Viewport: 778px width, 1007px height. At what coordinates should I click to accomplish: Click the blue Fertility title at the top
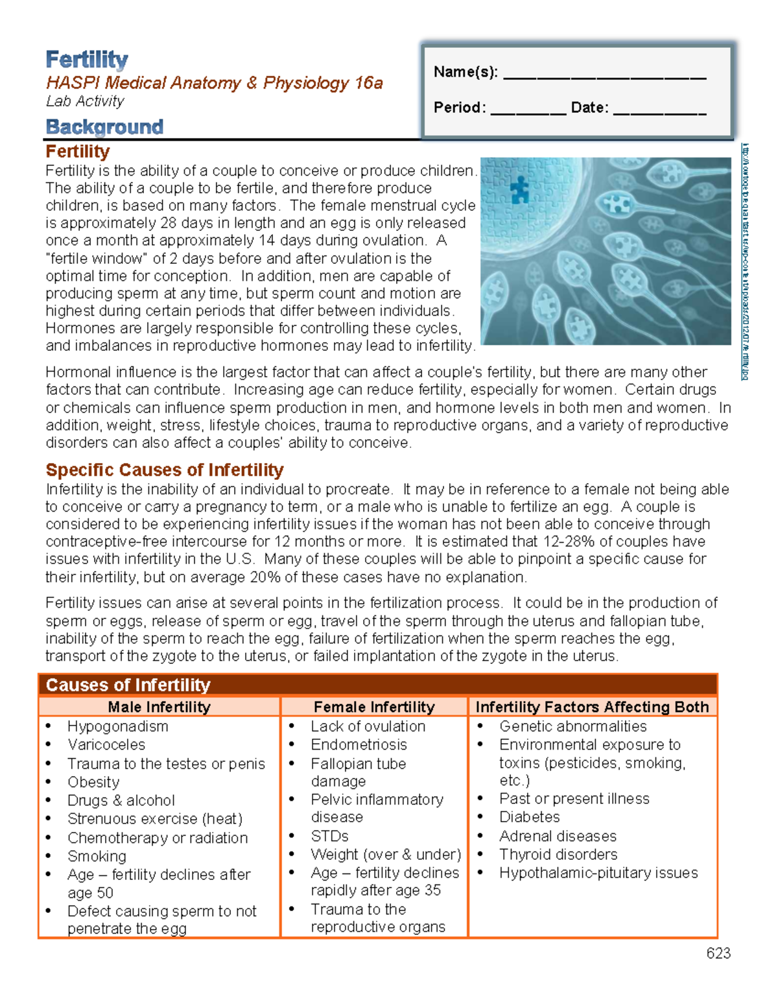(x=87, y=60)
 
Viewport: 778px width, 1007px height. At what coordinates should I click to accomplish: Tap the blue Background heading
(x=104, y=126)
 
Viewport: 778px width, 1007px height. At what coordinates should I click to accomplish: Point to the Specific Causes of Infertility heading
(x=165, y=469)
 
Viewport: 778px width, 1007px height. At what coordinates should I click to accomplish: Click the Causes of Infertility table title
(x=128, y=685)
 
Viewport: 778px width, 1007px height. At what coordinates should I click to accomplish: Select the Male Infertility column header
(x=159, y=707)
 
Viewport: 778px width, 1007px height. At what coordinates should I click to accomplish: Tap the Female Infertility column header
(x=374, y=707)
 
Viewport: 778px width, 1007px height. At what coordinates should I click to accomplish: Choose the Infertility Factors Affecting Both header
(x=592, y=707)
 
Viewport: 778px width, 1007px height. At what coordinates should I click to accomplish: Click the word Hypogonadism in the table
(x=118, y=726)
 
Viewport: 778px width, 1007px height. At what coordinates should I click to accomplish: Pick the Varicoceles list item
(x=106, y=744)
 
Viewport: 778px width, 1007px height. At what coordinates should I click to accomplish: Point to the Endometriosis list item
(x=359, y=744)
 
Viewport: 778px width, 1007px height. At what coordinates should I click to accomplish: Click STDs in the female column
(x=329, y=836)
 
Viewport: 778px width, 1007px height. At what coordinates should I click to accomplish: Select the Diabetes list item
(x=529, y=817)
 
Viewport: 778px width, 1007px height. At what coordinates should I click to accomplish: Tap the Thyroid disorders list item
(x=558, y=854)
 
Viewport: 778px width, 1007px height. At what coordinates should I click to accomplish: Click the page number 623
(x=718, y=953)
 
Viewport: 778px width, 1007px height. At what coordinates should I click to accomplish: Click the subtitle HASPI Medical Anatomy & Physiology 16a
(x=214, y=83)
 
